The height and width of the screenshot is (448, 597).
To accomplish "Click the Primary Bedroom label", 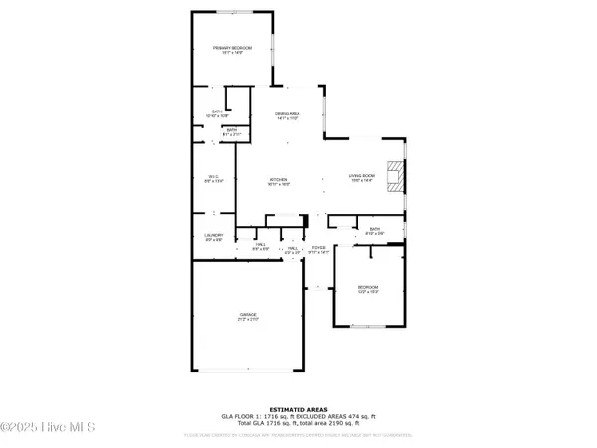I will click(231, 49).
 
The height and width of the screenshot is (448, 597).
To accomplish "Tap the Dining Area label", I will click(288, 115).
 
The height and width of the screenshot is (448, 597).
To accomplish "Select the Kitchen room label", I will click(278, 180).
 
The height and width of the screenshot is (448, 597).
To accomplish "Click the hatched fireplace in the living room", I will click(396, 177).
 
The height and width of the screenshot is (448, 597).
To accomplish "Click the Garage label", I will click(247, 316).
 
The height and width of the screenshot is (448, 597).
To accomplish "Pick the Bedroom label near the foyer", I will click(369, 288).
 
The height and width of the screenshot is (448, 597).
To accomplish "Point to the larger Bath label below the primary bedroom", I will click(217, 112).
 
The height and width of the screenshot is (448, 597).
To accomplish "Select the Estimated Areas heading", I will click(298, 409).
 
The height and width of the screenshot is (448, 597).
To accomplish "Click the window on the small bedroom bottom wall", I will click(369, 325).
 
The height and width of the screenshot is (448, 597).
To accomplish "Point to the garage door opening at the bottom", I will click(248, 371).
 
